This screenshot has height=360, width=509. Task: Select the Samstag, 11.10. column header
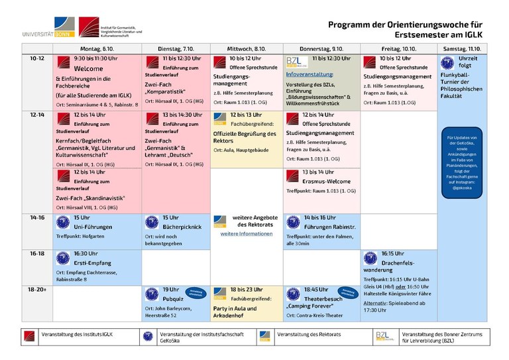pos(463,49)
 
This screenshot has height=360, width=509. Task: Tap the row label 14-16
pos(37,217)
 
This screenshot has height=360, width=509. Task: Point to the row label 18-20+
pos(37,289)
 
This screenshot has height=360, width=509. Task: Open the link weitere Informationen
pos(246,234)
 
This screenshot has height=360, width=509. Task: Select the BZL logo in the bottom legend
pos(384,335)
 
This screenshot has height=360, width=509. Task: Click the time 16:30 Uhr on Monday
pos(87,253)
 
